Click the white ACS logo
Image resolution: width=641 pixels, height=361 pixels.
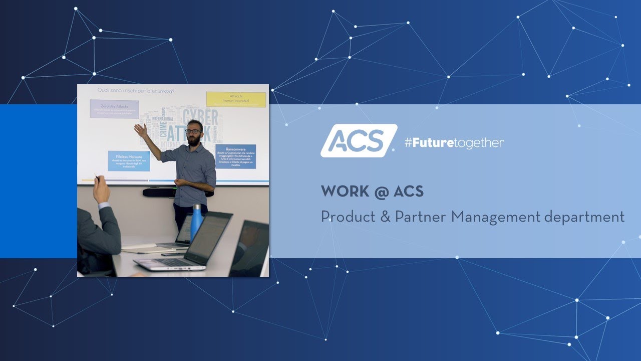tap(358, 141)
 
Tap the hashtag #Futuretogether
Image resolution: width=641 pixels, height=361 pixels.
tap(454, 143)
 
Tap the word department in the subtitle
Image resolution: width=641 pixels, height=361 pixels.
tap(584, 218)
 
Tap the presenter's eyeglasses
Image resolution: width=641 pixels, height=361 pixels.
tap(193, 131)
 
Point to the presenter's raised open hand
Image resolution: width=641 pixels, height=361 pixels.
tap(140, 130)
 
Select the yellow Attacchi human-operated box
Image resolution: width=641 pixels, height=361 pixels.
tap(236, 99)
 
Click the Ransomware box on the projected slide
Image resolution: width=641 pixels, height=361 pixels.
tap(235, 156)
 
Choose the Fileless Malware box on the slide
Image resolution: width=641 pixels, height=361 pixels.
tap(129, 161)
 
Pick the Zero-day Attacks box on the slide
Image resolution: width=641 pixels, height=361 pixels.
tap(114, 108)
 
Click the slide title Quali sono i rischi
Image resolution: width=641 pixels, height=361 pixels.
tap(136, 90)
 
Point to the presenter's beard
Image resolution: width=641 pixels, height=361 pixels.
tap(194, 140)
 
